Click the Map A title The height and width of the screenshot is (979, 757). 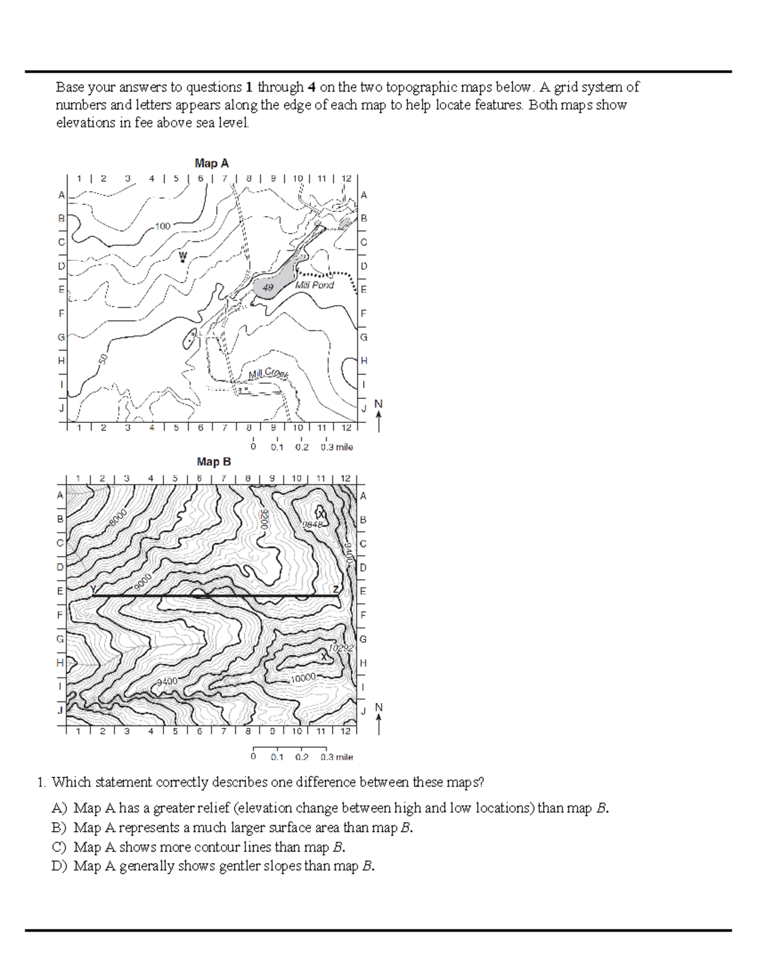tap(212, 163)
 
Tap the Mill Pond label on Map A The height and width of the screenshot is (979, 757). tap(315, 285)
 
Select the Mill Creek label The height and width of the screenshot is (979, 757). tap(268, 373)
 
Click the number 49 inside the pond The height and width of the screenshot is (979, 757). tap(268, 287)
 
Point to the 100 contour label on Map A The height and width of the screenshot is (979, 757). tap(163, 226)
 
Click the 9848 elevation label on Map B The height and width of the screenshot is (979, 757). tap(312, 524)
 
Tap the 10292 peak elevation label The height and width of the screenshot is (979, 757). tap(341, 647)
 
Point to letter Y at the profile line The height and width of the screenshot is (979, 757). tap(94, 589)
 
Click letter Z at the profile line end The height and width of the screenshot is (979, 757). tap(336, 589)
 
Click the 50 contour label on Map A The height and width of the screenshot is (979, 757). tap(103, 359)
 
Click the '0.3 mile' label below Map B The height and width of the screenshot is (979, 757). tap(336, 756)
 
